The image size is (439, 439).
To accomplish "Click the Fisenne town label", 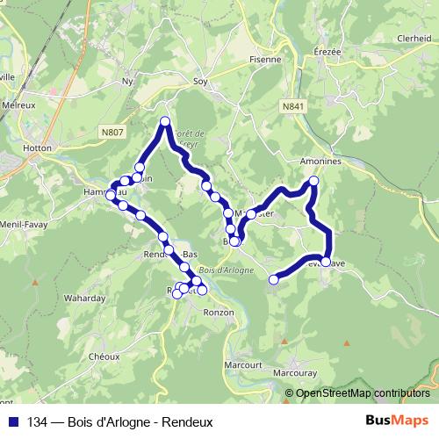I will click(264, 60).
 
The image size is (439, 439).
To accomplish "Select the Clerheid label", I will click(414, 39).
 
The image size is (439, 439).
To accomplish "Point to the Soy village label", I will click(199, 82).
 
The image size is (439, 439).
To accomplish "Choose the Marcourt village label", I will click(243, 364).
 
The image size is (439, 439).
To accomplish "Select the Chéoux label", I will click(104, 356).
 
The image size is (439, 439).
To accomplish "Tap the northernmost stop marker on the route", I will click(164, 121).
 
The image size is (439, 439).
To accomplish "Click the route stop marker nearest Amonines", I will click(313, 182).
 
